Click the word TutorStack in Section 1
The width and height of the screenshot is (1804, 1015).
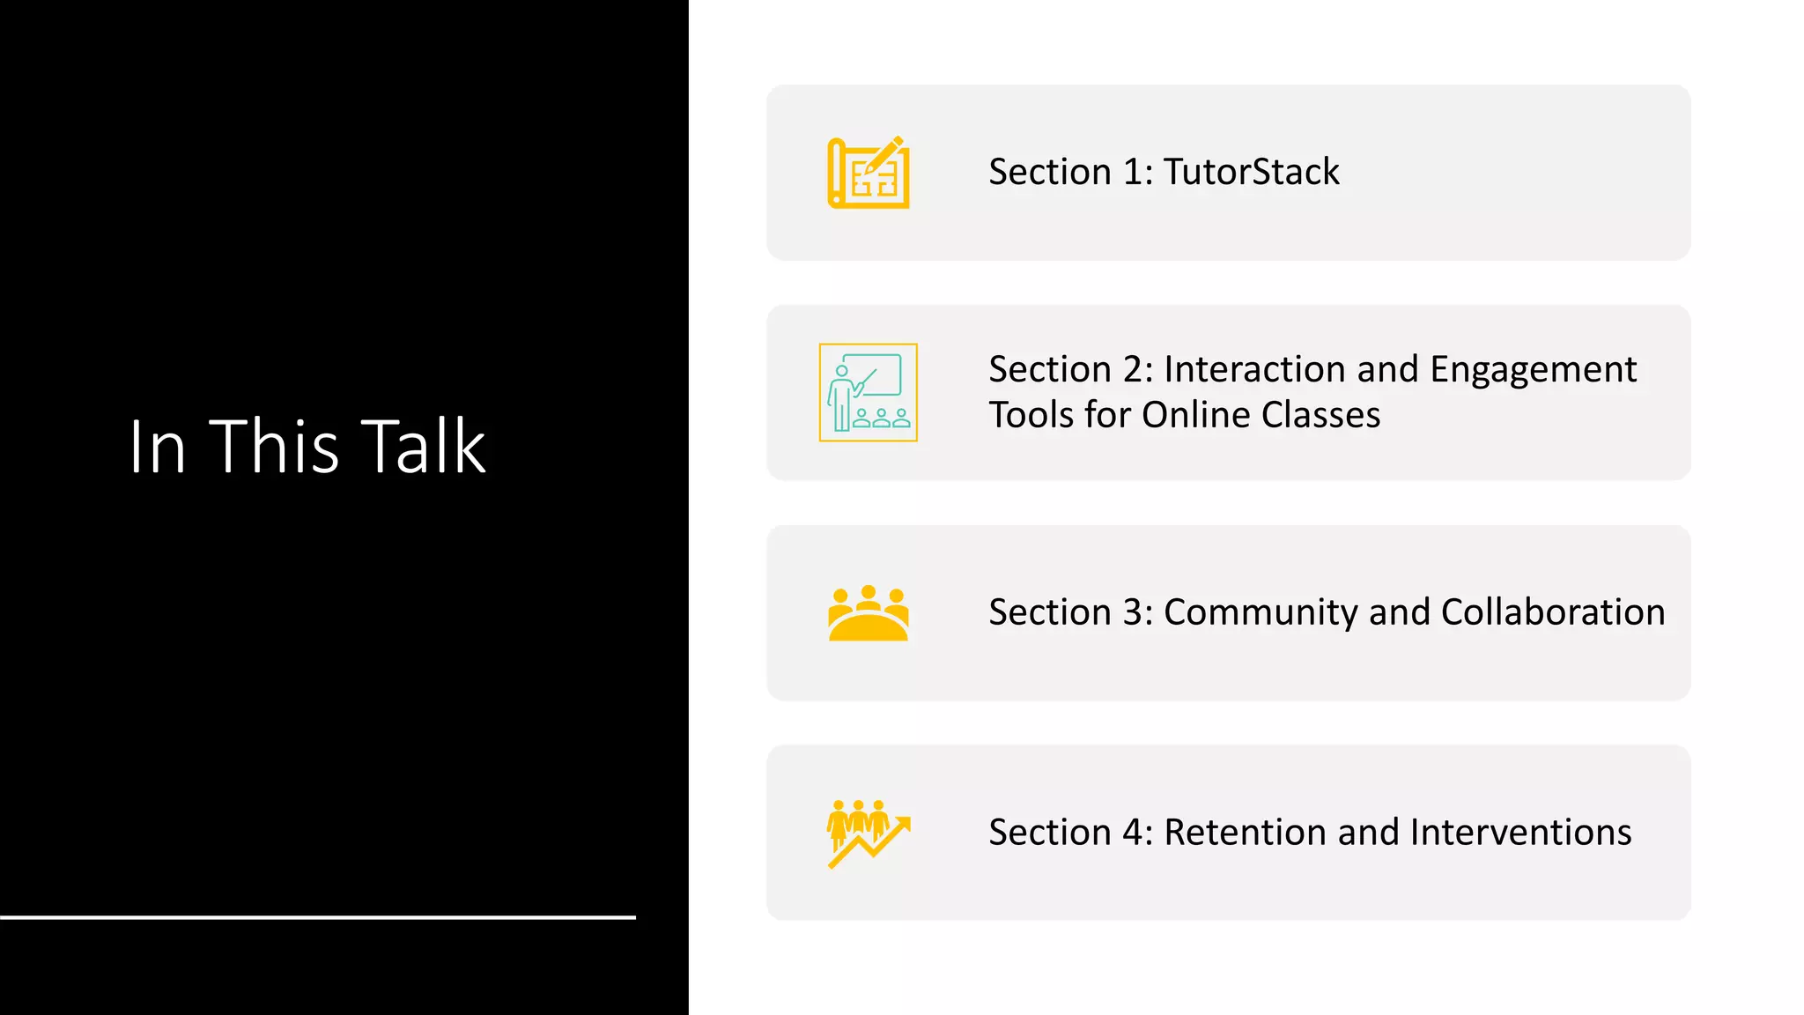(1251, 172)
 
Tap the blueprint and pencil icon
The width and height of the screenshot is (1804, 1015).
(869, 173)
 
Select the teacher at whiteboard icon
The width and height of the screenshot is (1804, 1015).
(869, 392)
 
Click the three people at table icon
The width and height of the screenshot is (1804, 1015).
(869, 613)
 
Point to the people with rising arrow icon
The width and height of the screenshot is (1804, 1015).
(869, 833)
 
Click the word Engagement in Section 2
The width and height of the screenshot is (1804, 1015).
(1533, 370)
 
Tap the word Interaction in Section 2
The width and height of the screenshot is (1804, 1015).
(1255, 369)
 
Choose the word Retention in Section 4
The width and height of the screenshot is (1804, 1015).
(1246, 833)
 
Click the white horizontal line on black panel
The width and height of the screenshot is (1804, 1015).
(317, 917)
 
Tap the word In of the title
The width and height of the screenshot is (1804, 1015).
(157, 447)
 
